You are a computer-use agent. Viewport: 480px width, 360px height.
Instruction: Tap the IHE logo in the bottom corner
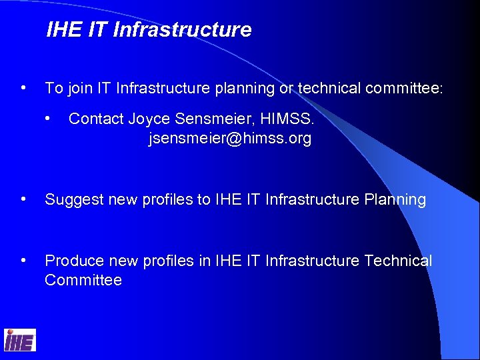click(19, 341)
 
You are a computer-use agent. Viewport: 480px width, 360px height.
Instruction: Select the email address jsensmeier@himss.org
click(229, 139)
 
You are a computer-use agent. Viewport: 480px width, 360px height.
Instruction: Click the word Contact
click(96, 119)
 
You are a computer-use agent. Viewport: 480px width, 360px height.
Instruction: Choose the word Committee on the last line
click(83, 281)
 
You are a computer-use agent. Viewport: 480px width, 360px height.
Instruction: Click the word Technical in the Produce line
click(398, 261)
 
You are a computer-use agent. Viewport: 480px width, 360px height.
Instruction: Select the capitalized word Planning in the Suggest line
click(395, 200)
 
